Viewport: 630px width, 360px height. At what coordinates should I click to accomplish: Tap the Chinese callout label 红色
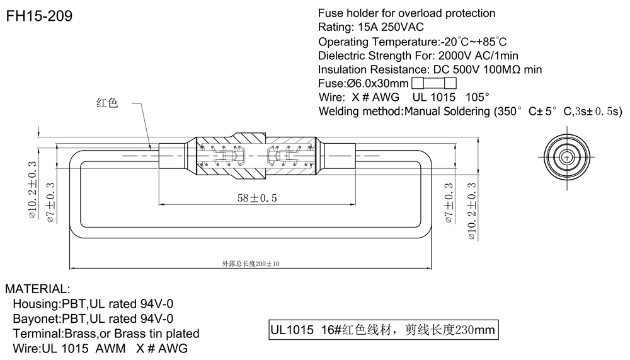pyautogui.click(x=107, y=103)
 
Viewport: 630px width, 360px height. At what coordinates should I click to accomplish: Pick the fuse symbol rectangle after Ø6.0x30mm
pyautogui.click(x=433, y=83)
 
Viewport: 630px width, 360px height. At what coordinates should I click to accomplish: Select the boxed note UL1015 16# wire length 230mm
pyautogui.click(x=383, y=330)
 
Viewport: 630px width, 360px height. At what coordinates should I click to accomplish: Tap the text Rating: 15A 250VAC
pyautogui.click(x=371, y=27)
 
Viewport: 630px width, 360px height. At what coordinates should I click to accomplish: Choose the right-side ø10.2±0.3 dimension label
pyautogui.click(x=471, y=209)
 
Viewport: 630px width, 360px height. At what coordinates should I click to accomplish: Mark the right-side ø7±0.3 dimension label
pyautogui.click(x=449, y=204)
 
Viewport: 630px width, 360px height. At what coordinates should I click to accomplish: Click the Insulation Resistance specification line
pyautogui.click(x=430, y=69)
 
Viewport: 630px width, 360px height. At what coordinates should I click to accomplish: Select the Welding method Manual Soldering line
pyautogui.click(x=470, y=112)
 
